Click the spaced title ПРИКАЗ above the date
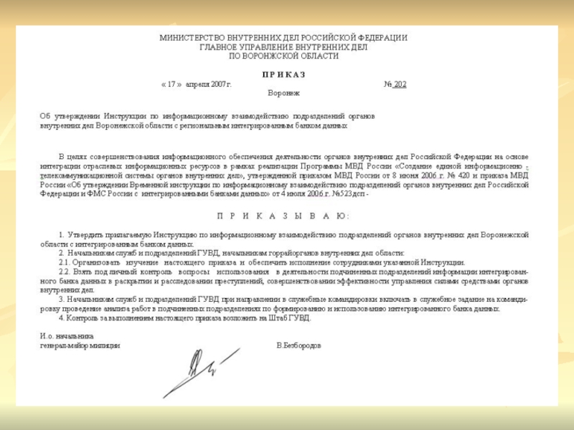pyautogui.click(x=283, y=75)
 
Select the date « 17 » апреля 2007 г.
pyautogui.click(x=197, y=85)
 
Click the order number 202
pyautogui.click(x=400, y=85)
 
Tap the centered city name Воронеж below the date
pyautogui.click(x=283, y=93)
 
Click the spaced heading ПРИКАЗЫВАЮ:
pyautogui.click(x=283, y=216)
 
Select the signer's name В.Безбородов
pyautogui.click(x=299, y=345)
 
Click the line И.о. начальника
pyautogui.click(x=67, y=336)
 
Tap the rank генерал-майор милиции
pyautogui.click(x=80, y=345)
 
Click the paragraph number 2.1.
pyautogui.click(x=65, y=262)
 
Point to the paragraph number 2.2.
pyautogui.click(x=65, y=272)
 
